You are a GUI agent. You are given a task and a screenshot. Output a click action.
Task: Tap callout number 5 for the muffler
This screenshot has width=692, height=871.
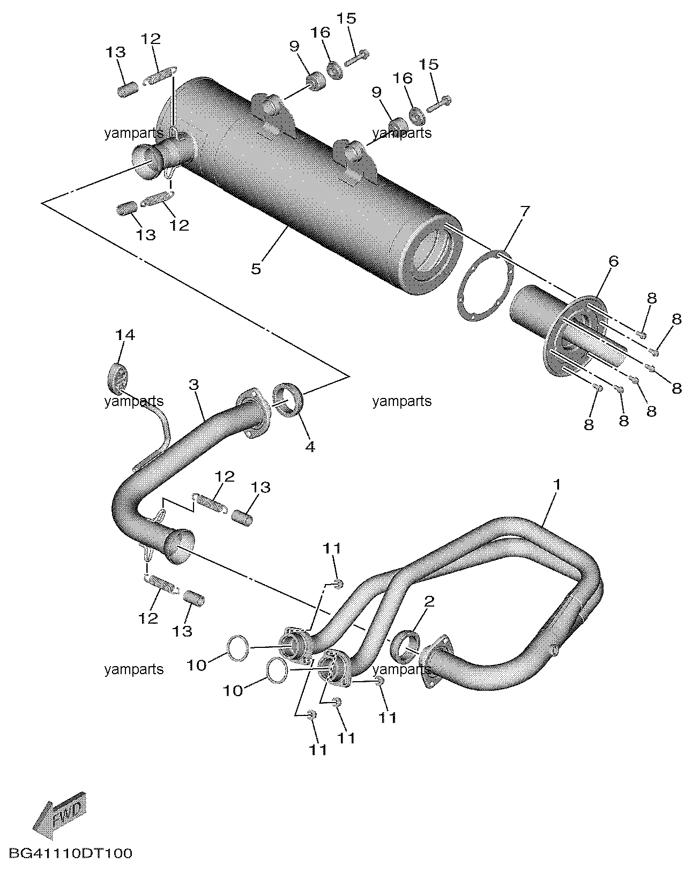click(256, 269)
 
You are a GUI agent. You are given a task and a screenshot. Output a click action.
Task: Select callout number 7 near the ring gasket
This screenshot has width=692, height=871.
click(525, 211)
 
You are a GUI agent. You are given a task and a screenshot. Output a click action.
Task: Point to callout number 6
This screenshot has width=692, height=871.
click(613, 262)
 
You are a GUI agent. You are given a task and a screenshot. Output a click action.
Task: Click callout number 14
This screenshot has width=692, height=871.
click(125, 335)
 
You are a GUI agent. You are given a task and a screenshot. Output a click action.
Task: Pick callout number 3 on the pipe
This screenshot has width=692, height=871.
click(194, 385)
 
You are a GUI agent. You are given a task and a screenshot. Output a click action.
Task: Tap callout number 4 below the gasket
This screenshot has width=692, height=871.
click(310, 447)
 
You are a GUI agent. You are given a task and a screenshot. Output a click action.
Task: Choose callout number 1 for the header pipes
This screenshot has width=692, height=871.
click(557, 484)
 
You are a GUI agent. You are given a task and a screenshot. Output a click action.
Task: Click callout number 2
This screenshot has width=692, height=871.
click(429, 601)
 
